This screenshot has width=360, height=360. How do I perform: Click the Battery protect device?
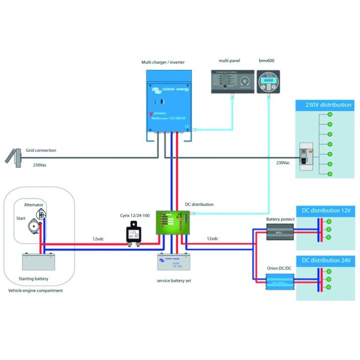[x=279, y=231]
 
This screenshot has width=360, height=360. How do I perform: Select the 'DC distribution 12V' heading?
[x=325, y=210]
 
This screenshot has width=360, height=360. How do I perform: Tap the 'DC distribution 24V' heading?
[x=325, y=260]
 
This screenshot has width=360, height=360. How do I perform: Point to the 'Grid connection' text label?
[x=41, y=150]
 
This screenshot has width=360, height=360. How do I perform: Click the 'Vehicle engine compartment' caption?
[x=35, y=290]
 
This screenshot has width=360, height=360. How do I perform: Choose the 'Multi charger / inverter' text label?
[x=163, y=62]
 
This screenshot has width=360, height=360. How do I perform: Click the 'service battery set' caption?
[x=173, y=280]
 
